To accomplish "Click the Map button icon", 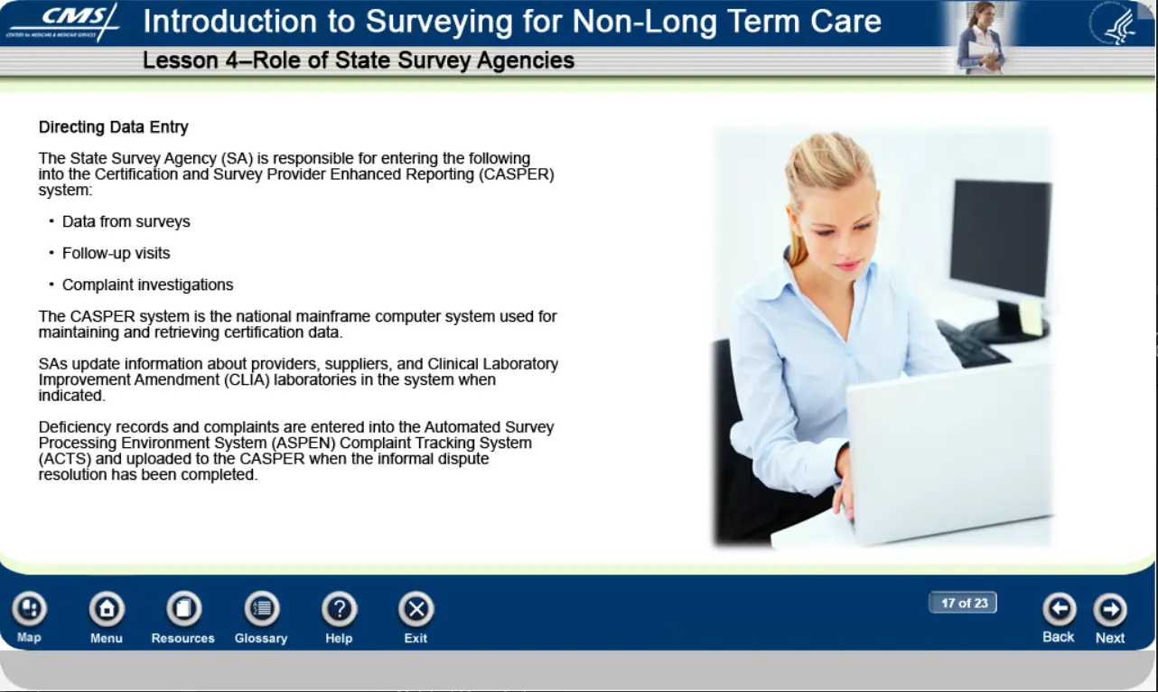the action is pos(30,609).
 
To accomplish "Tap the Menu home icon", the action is pos(107,609).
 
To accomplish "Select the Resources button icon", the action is pos(183,609).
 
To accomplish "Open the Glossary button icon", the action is pos(262,609).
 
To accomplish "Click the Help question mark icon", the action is pos(339,609).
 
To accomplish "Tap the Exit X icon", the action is pos(416,609).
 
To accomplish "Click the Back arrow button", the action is pos(1060,609).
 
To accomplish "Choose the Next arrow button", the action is pos(1110,609).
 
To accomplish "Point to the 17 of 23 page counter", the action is pos(963,603).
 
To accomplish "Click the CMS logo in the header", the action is pos(62,22).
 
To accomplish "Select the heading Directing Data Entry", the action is pos(113,126).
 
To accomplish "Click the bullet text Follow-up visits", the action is pos(116,253).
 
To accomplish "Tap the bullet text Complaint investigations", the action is pos(148,285).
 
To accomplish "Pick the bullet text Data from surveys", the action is pos(126,221).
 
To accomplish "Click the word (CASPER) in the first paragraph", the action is pos(517,174).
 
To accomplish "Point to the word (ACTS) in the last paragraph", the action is pos(65,459).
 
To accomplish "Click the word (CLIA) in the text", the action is pos(247,379).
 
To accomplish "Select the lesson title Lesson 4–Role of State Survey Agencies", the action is pos(359,61).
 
